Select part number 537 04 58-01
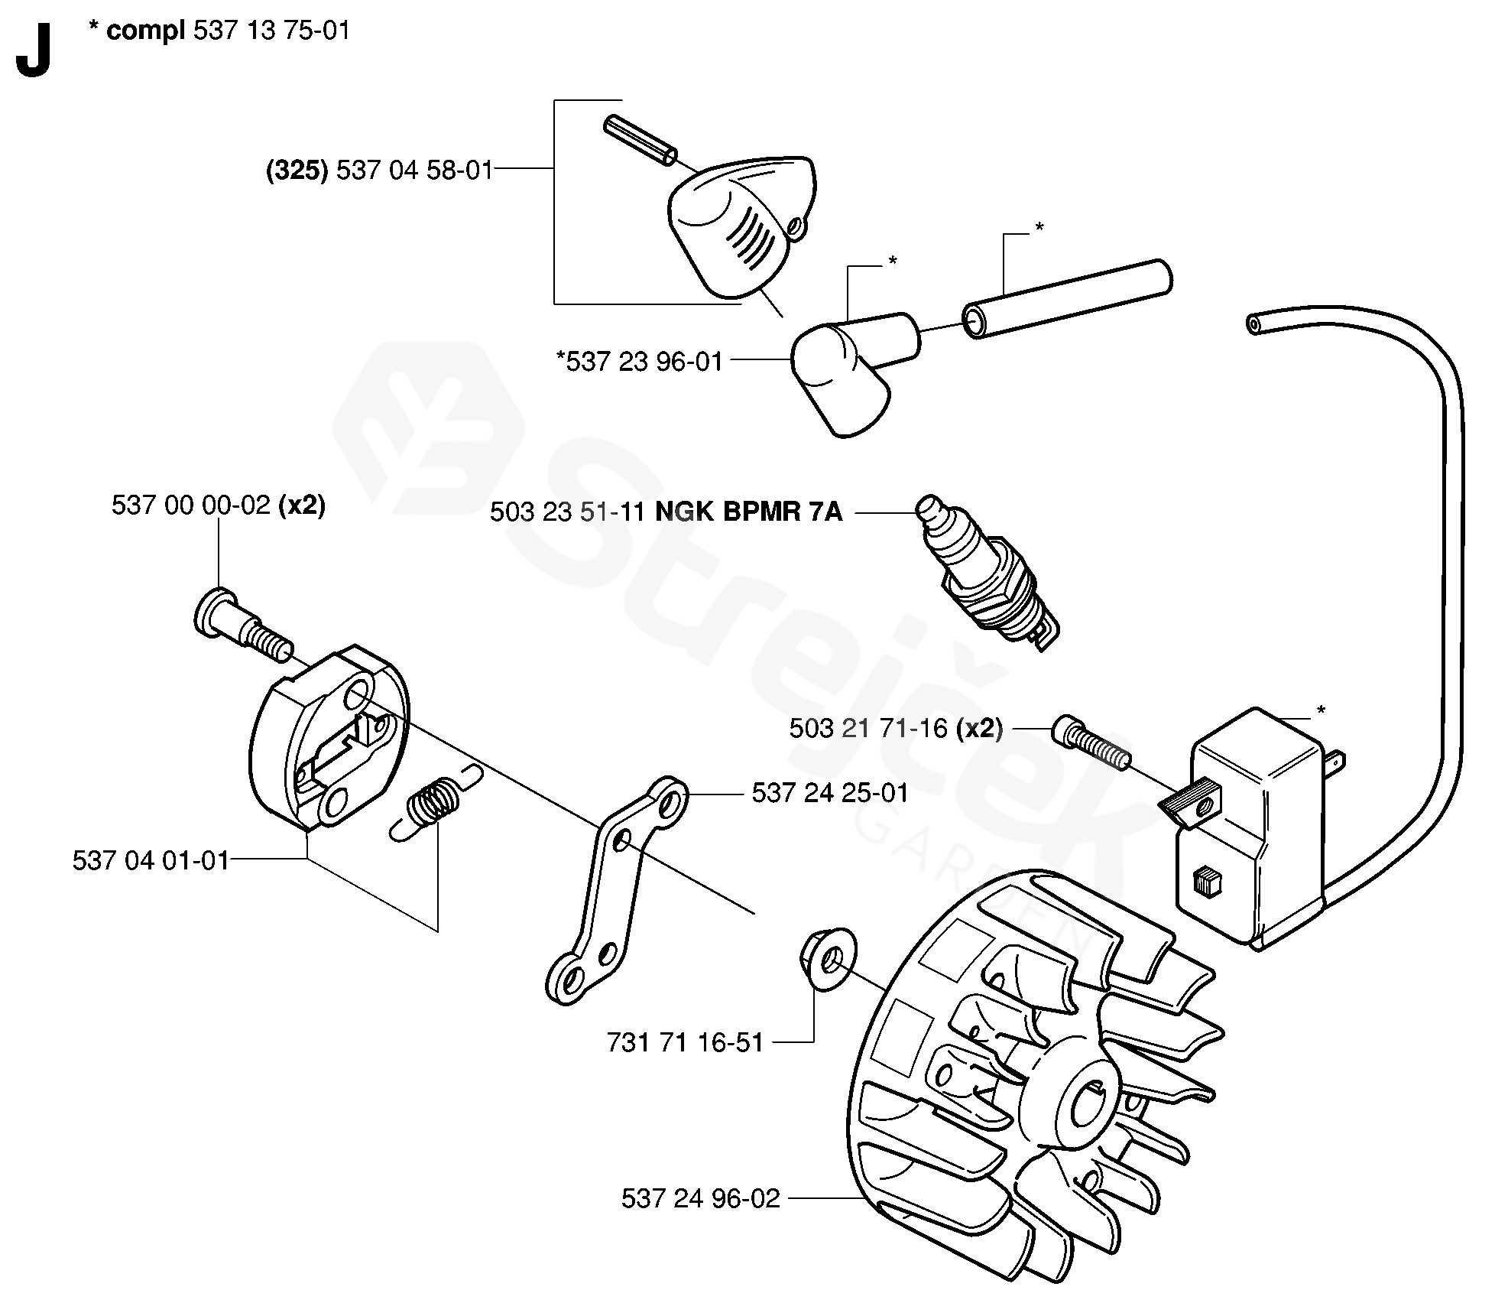coord(415,170)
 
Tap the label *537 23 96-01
coord(640,361)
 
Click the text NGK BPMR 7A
coord(749,512)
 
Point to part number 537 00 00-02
coord(190,505)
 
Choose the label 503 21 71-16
coord(868,729)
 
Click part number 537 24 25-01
coord(830,793)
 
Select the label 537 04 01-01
coord(151,860)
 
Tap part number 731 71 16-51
coord(685,1042)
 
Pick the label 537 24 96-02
coord(700,1197)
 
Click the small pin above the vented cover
coord(640,140)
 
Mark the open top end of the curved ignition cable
coord(1253,324)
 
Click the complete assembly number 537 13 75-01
coord(272,31)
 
